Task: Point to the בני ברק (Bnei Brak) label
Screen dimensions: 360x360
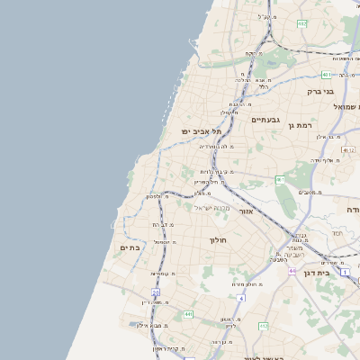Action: click(320, 91)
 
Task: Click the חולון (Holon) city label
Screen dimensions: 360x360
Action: click(220, 240)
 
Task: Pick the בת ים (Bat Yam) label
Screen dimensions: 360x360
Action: click(130, 247)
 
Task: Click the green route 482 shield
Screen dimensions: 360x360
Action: click(302, 23)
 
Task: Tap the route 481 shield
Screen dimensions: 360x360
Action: click(326, 75)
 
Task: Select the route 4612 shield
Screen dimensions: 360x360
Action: click(348, 150)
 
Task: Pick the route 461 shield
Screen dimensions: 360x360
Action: click(280, 180)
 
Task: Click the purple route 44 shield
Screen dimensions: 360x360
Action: click(292, 269)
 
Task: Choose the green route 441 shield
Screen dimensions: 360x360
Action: click(188, 314)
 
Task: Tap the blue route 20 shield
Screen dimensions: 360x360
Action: click(155, 292)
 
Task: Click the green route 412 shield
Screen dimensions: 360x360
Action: click(264, 326)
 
